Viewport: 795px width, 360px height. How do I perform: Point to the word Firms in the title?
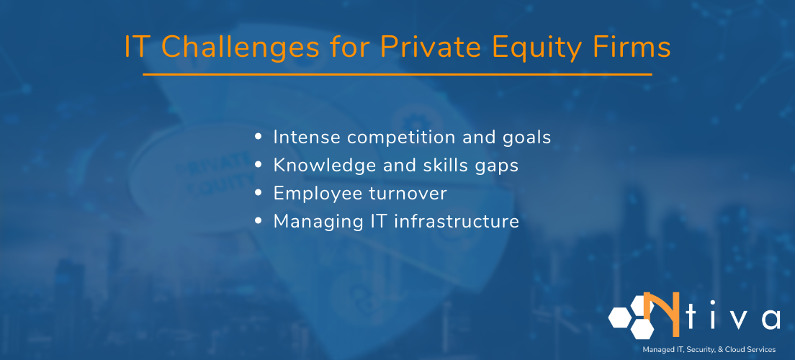click(x=635, y=48)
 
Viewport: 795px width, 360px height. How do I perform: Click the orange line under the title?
click(x=397, y=74)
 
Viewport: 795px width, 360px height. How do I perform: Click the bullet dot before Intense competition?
click(x=259, y=138)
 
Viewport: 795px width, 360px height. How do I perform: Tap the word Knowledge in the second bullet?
click(x=322, y=166)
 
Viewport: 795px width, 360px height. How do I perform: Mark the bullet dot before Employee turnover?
click(x=259, y=194)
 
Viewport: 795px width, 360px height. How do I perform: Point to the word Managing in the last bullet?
click(x=312, y=222)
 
